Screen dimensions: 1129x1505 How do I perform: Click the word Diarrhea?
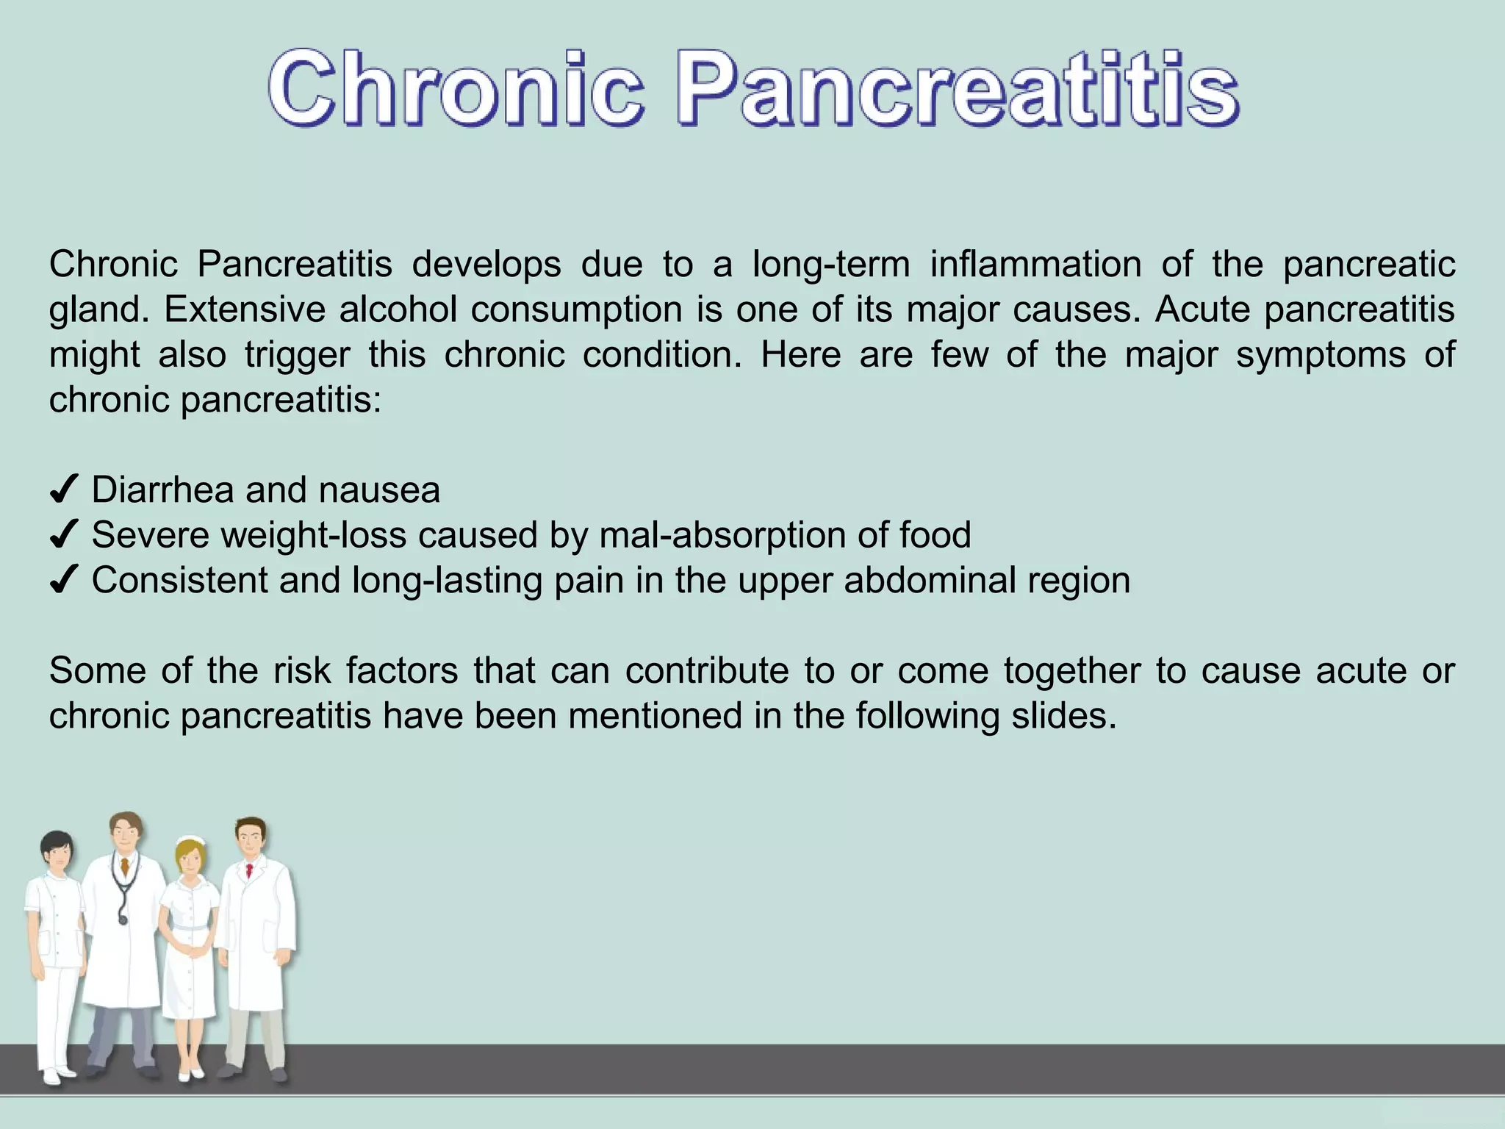tap(162, 490)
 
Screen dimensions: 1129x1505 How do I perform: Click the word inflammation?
tap(1035, 264)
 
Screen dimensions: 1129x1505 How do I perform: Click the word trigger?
tap(298, 356)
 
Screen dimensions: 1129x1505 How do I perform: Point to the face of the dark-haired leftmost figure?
tap(58, 855)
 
